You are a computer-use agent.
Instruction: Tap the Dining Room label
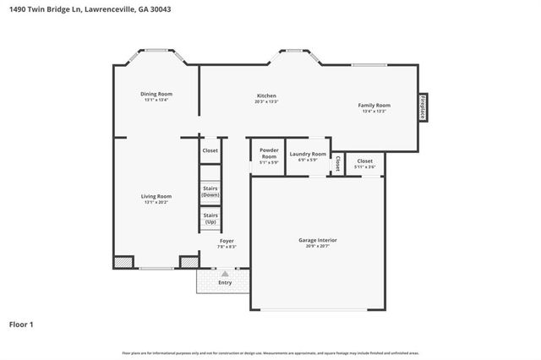[x=156, y=94]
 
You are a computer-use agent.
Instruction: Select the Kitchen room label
[x=266, y=96]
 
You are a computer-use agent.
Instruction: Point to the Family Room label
[x=374, y=105]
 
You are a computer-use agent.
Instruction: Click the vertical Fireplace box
[x=421, y=108]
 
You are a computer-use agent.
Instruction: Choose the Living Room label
[x=156, y=196]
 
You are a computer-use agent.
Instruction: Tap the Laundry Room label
[x=308, y=154]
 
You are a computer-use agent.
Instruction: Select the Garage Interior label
[x=318, y=240]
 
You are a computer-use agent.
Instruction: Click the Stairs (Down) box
[x=210, y=192]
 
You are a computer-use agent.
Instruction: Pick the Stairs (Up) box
[x=210, y=218]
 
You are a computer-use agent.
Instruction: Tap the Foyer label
[x=227, y=241]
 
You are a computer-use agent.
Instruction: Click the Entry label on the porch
[x=225, y=282]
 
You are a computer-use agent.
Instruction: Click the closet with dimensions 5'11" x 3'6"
[x=365, y=163]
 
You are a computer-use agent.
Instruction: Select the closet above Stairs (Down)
[x=210, y=150]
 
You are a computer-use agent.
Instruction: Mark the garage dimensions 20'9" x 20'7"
[x=318, y=247]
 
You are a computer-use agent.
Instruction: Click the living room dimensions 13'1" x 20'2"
[x=156, y=202]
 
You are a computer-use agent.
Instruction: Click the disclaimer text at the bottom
[x=270, y=352]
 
